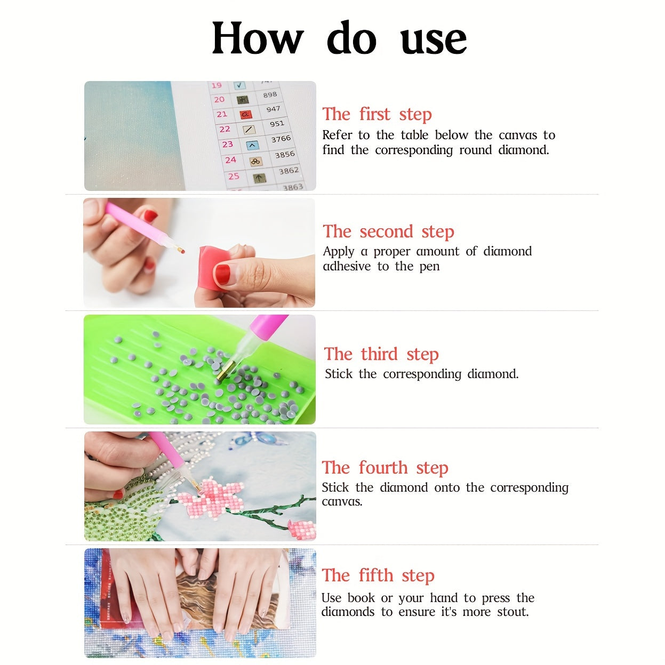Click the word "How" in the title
258,38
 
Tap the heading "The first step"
377,114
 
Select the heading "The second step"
388,231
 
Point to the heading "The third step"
381,355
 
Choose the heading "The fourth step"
385,468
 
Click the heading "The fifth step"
378,576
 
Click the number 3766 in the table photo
281,139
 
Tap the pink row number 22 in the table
225,129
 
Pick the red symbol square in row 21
245,114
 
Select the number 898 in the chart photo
270,94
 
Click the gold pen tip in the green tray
223,371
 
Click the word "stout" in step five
513,612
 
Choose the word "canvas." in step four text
342,502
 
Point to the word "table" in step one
414,135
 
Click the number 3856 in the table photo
285,155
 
